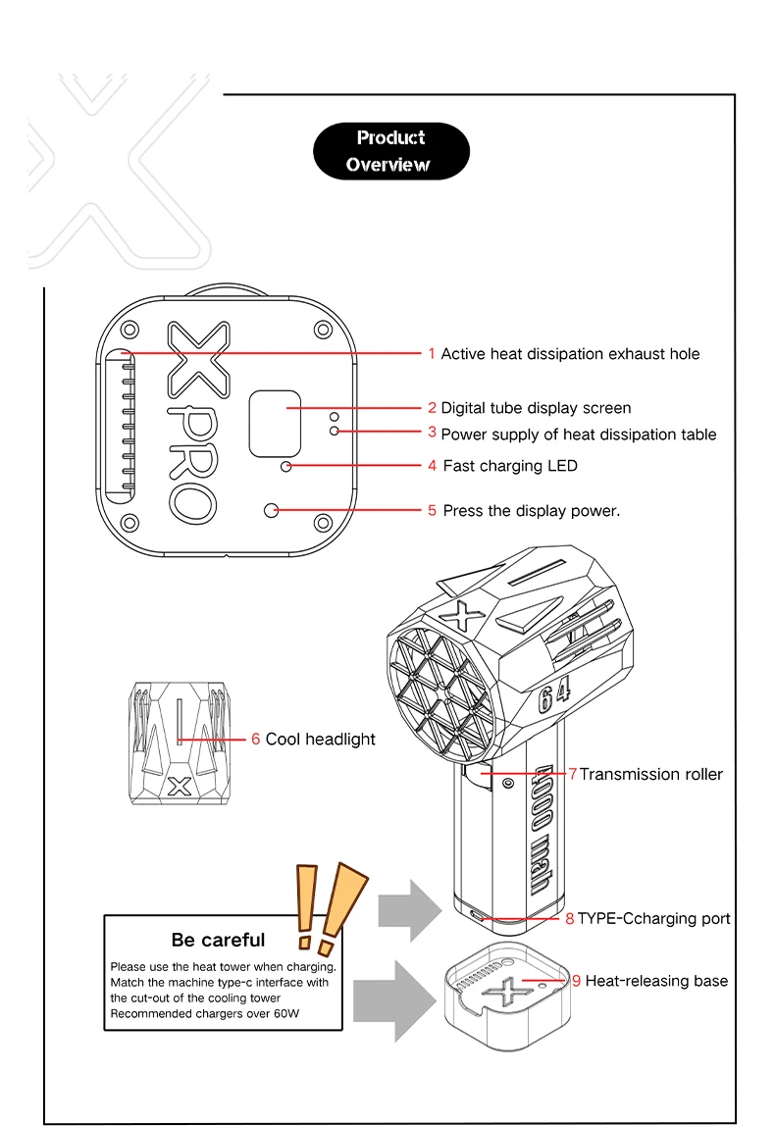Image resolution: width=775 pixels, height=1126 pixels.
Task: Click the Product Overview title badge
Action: click(390, 151)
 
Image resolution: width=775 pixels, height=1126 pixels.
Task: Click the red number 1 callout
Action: click(431, 353)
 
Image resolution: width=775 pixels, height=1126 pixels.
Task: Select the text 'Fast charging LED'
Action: click(509, 466)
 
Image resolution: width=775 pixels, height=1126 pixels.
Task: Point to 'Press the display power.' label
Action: click(531, 510)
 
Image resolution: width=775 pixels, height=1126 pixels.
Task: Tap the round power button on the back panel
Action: click(272, 510)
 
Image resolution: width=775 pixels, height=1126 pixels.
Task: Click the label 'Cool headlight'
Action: click(320, 739)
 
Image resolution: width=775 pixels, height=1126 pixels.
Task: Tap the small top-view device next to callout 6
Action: click(179, 742)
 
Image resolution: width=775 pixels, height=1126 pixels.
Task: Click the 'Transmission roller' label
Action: click(650, 774)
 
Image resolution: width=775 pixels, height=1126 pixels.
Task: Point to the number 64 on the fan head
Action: click(554, 697)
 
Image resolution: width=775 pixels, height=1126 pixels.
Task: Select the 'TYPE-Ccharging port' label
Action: click(653, 918)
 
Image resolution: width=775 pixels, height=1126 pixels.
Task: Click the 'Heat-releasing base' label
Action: click(656, 980)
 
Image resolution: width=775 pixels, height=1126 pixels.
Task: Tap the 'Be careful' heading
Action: click(218, 940)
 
